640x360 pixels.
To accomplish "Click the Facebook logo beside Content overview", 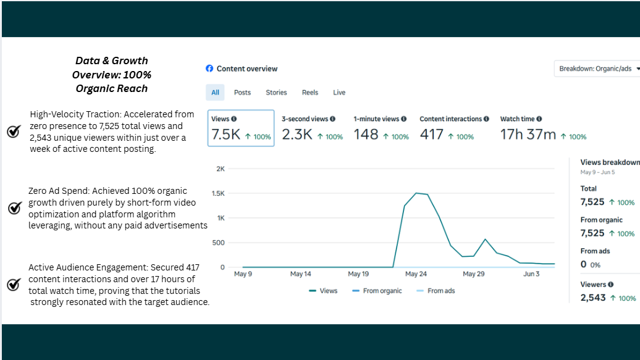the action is [209, 69].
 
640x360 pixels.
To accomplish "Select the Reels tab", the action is [309, 93].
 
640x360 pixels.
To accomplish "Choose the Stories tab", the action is [276, 93].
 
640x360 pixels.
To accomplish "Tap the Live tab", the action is [339, 93].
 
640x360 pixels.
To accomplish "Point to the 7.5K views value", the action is [225, 134].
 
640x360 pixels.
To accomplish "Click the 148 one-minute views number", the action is [366, 134].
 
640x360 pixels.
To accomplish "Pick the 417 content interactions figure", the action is [431, 134].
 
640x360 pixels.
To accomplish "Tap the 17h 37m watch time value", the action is [528, 134].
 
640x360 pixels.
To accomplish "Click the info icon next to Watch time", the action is [539, 119].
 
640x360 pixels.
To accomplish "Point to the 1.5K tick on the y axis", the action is [218, 193].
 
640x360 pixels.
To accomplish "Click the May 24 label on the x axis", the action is [416, 274].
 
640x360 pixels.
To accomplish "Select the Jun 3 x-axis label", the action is [531, 274].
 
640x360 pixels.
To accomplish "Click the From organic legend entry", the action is [377, 291].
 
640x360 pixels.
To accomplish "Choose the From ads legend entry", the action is [436, 291].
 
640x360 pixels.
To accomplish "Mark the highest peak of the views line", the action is [416, 193].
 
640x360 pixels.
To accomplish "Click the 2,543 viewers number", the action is [593, 298].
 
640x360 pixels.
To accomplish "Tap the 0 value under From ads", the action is [584, 264].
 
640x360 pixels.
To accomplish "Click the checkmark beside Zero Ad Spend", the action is [15, 207].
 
